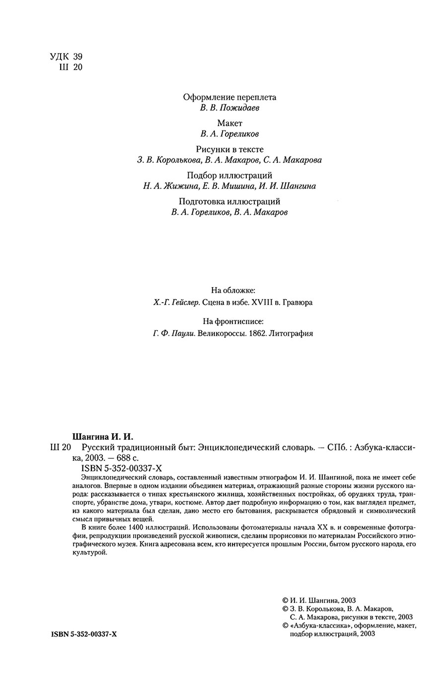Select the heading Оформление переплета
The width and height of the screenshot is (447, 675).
[x=229, y=97]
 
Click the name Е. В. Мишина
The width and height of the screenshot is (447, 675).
[x=226, y=186]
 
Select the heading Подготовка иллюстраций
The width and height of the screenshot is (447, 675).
[x=229, y=201]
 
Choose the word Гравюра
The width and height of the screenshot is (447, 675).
[x=298, y=302]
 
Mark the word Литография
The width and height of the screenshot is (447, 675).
[x=291, y=334]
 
